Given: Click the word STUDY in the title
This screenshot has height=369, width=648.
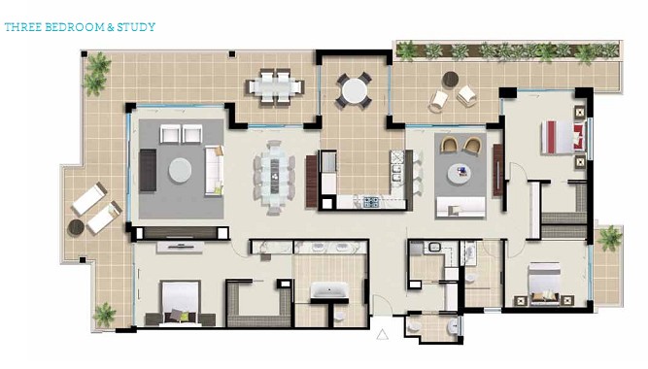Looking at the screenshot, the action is pyautogui.click(x=136, y=27).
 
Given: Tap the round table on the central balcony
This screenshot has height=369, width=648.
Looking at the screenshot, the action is pyautogui.click(x=355, y=91).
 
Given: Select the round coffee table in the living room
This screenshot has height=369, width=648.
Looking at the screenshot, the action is pyautogui.click(x=180, y=170).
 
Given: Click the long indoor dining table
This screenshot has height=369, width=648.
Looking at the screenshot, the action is pyautogui.click(x=274, y=178).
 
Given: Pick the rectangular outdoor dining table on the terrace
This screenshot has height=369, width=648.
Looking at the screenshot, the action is pyautogui.click(x=275, y=86).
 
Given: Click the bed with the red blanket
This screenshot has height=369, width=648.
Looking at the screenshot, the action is pyautogui.click(x=563, y=137).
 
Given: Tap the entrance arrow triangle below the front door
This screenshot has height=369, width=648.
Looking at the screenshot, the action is pyautogui.click(x=382, y=334).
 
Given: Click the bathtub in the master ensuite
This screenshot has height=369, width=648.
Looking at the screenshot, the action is pyautogui.click(x=329, y=289).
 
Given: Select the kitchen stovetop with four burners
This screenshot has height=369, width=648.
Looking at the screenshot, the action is pyautogui.click(x=371, y=202).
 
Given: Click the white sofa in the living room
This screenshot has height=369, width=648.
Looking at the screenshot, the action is pyautogui.click(x=214, y=170).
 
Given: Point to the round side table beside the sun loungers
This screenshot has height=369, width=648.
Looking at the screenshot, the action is pyautogui.click(x=76, y=227).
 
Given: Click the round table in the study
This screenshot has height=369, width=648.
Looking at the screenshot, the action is pyautogui.click(x=460, y=174).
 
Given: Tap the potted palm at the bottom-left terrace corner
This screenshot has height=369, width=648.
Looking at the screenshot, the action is pyautogui.click(x=104, y=315).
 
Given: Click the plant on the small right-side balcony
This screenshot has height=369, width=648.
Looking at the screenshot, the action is pyautogui.click(x=609, y=239).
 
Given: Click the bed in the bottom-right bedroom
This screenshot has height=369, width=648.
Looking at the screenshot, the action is pyautogui.click(x=545, y=284).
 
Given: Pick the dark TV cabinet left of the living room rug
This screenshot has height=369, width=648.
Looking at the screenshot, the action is pyautogui.click(x=148, y=170).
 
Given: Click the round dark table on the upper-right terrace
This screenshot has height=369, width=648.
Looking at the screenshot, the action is pyautogui.click(x=451, y=80).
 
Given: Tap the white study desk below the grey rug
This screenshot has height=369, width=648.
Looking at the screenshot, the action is pyautogui.click(x=461, y=207).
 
